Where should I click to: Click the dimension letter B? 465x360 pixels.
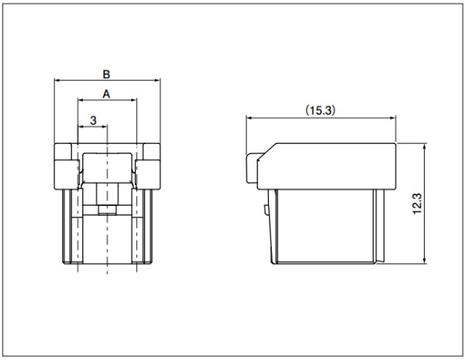click(x=106, y=74)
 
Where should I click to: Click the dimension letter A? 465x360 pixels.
click(x=106, y=94)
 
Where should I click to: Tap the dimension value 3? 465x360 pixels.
click(x=93, y=120)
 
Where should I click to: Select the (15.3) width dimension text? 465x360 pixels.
click(x=321, y=111)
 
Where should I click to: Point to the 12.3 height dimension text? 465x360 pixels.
click(x=417, y=204)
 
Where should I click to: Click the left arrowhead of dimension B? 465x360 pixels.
click(x=57, y=80)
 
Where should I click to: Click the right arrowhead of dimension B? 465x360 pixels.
click(x=157, y=80)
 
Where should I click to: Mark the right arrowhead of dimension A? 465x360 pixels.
click(x=134, y=100)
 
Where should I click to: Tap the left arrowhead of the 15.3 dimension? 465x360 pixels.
click(x=249, y=118)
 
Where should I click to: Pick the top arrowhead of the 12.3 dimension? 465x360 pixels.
click(x=425, y=146)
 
